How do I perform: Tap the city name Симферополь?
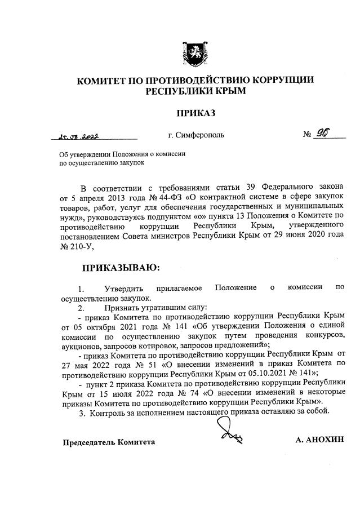point(196,136)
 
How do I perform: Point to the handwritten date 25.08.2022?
point(82,136)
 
